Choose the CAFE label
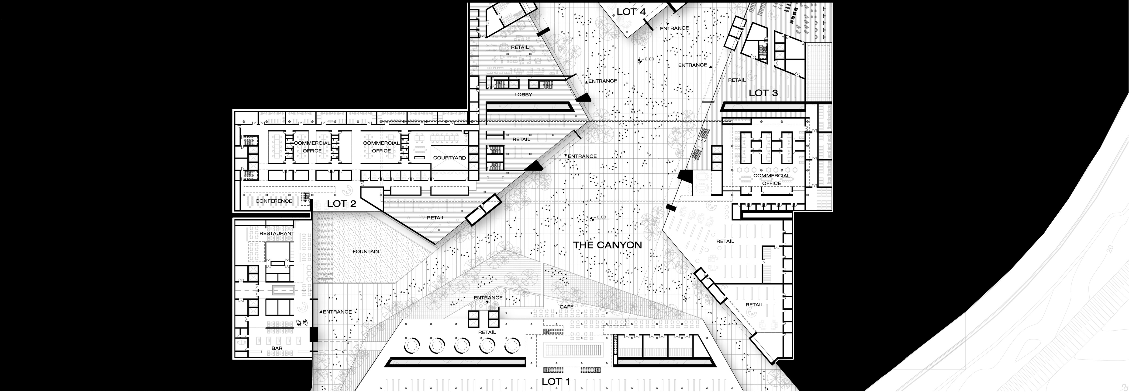[x=566, y=307]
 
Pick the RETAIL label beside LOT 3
[x=737, y=80]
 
